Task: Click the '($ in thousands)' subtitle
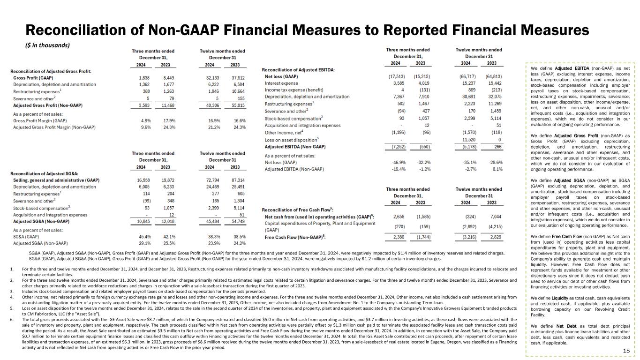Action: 47,45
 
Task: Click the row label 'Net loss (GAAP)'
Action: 281,76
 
